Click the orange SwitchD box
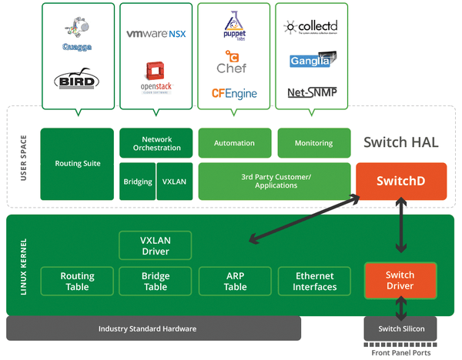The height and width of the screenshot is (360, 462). click(x=400, y=181)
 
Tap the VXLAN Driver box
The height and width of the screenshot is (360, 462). click(x=156, y=245)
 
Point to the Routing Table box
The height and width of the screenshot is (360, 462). click(x=77, y=282)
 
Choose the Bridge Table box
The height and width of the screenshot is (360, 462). click(x=156, y=282)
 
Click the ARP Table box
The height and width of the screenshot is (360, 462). click(x=235, y=282)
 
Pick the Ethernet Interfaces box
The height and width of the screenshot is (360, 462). click(x=314, y=282)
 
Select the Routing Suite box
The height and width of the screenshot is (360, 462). click(x=77, y=164)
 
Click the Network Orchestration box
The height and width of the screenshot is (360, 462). click(x=156, y=143)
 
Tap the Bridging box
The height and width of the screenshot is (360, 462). click(x=137, y=182)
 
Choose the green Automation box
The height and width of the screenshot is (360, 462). click(x=234, y=143)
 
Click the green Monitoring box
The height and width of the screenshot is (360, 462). click(x=313, y=143)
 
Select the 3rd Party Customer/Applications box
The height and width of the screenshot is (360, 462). click(x=274, y=182)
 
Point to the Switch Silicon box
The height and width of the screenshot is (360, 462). click(x=400, y=328)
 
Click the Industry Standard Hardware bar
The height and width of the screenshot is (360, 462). click(x=153, y=328)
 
